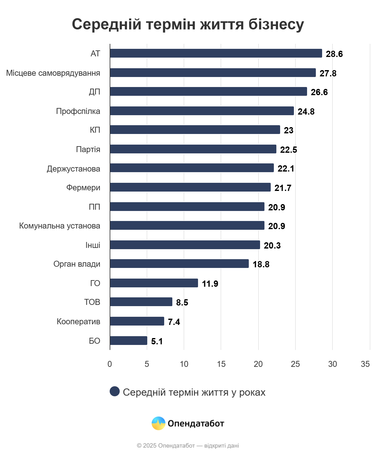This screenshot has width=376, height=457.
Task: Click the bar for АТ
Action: point(216,53)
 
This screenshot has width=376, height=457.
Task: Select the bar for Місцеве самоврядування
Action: point(213,73)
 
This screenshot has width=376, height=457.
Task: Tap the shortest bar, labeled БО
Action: point(128,341)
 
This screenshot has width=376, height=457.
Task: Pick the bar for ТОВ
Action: point(141,302)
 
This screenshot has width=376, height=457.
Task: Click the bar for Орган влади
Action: point(179,264)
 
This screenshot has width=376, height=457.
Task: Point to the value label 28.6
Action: point(334,54)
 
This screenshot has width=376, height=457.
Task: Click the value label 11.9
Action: point(210,284)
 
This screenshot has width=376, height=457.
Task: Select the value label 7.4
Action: point(174,322)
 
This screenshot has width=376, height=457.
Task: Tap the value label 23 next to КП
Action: point(288,130)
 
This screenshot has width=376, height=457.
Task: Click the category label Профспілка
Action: point(78,111)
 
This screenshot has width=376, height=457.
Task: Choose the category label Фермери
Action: point(83,187)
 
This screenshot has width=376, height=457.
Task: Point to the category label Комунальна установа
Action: point(60,226)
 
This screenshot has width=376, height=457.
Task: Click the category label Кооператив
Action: point(78,321)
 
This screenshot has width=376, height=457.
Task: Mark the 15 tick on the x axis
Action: point(221,364)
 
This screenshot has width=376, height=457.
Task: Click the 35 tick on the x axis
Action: point(365,364)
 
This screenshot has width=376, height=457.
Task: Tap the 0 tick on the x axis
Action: point(110,364)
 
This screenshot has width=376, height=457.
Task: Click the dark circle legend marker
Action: point(115,391)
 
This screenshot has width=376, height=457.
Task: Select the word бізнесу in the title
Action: point(276,24)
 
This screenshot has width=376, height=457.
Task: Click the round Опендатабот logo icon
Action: point(158,423)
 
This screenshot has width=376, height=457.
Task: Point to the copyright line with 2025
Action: point(188,445)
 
